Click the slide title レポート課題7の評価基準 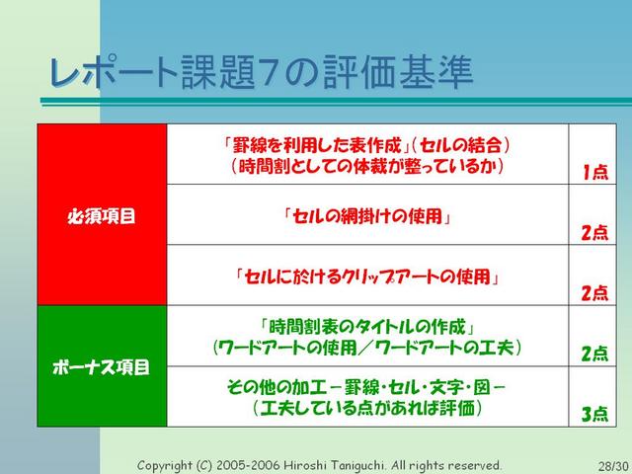click(261, 72)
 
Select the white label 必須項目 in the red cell click(102, 216)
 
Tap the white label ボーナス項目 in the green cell click(101, 366)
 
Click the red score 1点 click(595, 172)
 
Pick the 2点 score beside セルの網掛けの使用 click(594, 233)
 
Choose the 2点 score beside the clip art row click(594, 293)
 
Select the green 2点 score click(594, 354)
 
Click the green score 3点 click(594, 414)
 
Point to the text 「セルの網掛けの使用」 click(367, 216)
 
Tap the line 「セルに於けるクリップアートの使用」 click(367, 276)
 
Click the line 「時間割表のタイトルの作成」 click(367, 327)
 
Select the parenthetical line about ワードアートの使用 click(367, 348)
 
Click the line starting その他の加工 click(366, 387)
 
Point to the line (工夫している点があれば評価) click(367, 408)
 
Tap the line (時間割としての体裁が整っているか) click(367, 166)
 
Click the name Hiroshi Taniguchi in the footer click(334, 465)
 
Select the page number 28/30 click(613, 466)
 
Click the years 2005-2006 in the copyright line click(248, 465)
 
